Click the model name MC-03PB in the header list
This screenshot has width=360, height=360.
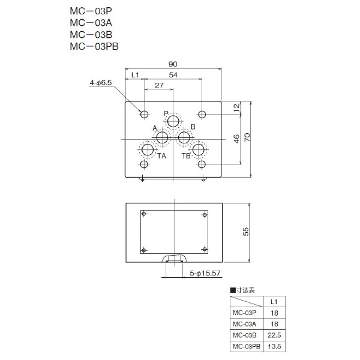(94, 46)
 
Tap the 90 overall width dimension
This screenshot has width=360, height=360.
(173, 64)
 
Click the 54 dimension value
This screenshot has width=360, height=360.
(173, 75)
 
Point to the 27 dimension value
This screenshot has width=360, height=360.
(160, 86)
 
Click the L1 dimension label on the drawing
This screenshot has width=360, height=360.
(135, 75)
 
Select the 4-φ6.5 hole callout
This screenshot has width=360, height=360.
(101, 83)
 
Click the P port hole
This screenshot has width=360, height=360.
(173, 122)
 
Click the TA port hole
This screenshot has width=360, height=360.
(148, 149)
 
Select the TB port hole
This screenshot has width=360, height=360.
(199, 149)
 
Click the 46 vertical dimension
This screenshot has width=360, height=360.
(236, 139)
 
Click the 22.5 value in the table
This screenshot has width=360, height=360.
(274, 335)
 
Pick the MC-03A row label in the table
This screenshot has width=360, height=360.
(244, 324)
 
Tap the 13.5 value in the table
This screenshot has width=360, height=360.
(274, 347)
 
